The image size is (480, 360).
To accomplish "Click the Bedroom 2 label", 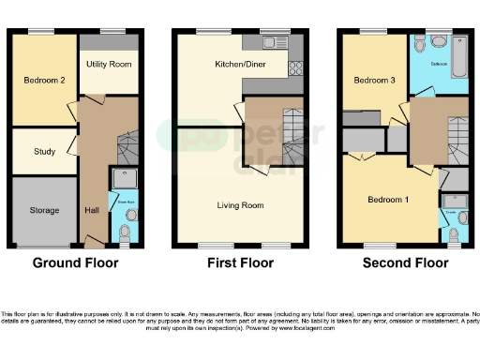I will point(44,81).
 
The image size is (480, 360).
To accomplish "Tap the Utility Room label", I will point(109,65).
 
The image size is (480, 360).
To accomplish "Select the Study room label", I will point(43,152).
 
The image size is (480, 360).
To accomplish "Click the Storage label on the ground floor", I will point(44,210).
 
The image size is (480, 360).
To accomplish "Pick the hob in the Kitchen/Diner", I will point(295,67).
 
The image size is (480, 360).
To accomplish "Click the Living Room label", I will point(240,205).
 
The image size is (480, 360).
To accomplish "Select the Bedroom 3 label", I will point(373,81).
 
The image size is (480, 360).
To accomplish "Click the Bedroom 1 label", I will point(387,200).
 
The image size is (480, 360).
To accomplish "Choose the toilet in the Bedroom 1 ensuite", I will point(453,232).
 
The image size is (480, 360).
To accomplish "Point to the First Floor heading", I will point(240,263).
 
